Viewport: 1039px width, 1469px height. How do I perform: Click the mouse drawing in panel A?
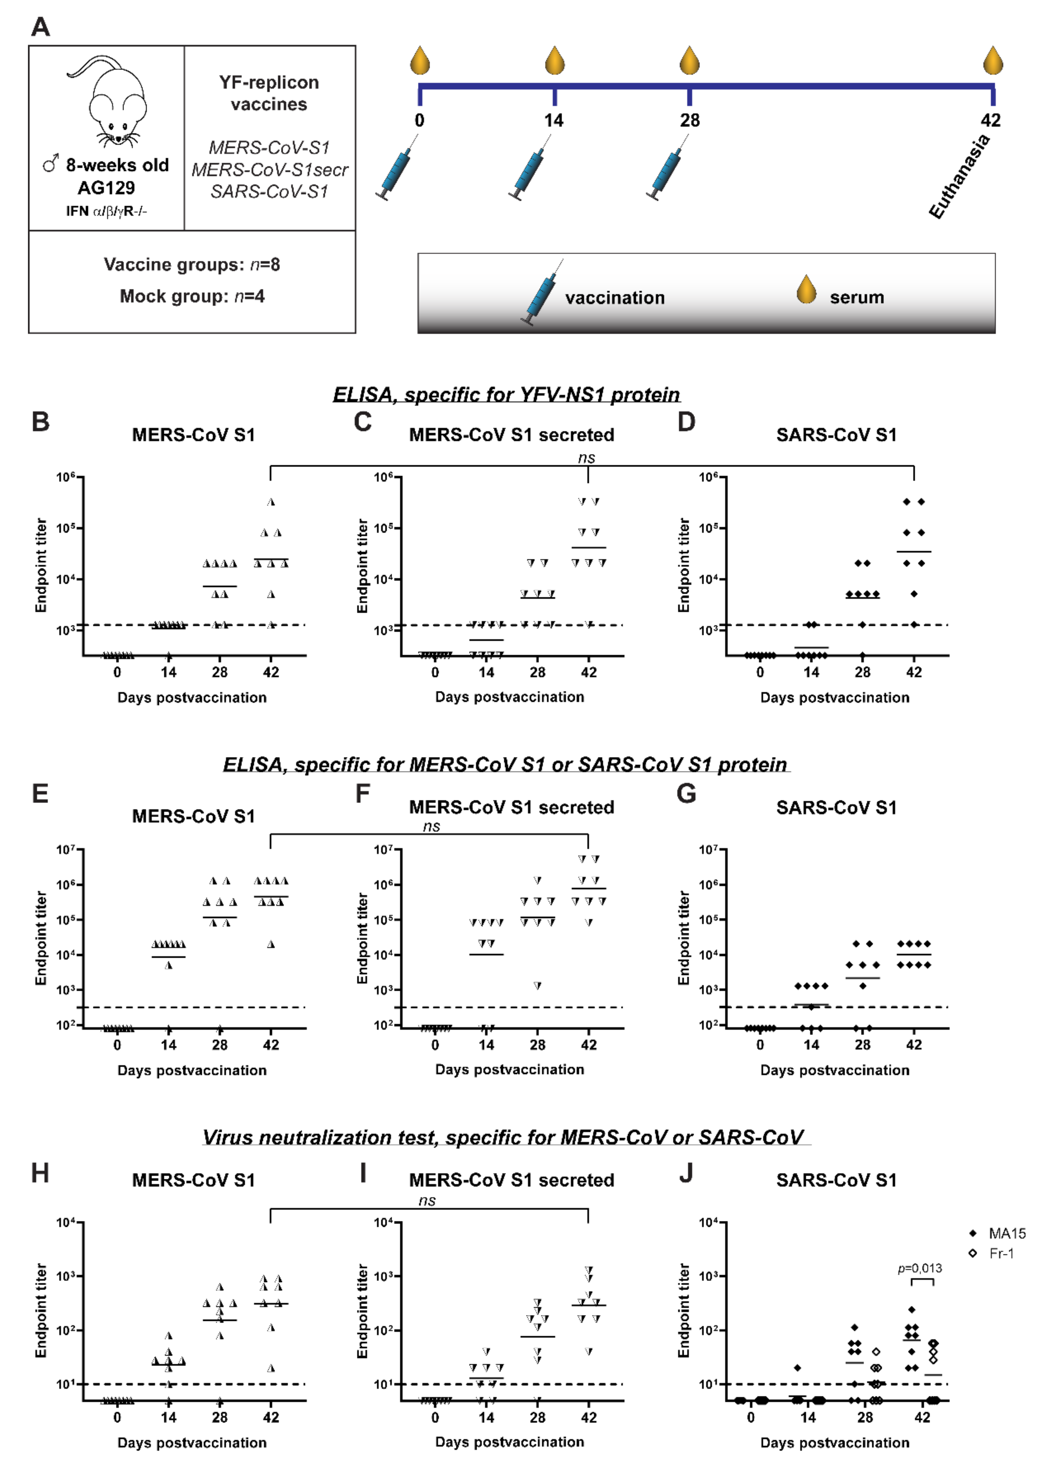point(112,102)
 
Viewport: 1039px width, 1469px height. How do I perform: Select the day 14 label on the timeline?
point(554,120)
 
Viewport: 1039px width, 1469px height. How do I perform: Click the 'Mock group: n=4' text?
point(192,296)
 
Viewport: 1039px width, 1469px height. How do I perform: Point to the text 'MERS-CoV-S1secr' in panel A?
point(269,170)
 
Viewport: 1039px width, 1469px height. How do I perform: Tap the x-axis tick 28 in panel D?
point(863,672)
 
